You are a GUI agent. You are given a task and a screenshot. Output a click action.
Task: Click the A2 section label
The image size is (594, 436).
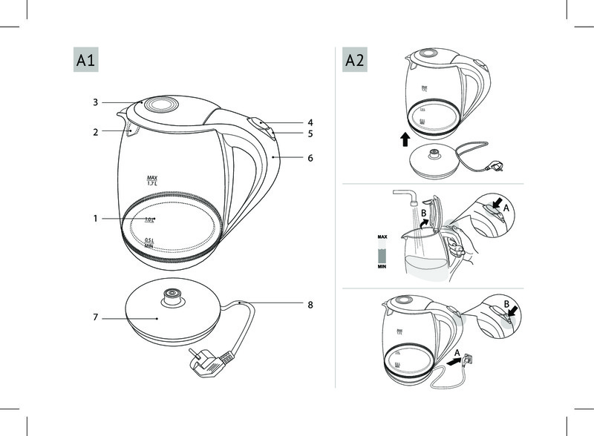click(353, 60)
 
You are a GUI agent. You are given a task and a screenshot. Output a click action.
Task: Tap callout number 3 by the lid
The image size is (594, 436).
click(96, 102)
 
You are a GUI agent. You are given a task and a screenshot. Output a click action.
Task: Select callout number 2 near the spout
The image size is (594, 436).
click(96, 132)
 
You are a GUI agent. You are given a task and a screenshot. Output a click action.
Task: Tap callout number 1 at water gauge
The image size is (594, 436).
click(96, 219)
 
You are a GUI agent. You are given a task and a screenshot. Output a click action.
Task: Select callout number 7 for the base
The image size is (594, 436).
click(96, 317)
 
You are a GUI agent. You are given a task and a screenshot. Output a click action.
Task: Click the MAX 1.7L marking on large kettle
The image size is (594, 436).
click(153, 180)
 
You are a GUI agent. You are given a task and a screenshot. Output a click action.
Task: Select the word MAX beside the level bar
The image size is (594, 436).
click(382, 237)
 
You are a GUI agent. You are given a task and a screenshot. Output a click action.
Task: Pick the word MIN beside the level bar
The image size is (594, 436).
click(382, 265)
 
